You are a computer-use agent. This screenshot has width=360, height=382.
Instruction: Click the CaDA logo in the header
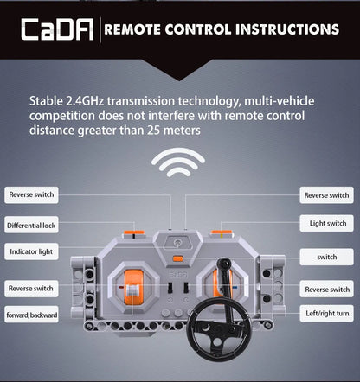(x=57, y=29)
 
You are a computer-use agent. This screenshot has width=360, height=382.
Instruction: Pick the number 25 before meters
(x=154, y=131)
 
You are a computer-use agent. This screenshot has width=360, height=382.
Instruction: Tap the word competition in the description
(x=62, y=116)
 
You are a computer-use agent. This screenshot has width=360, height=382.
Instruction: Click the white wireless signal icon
(x=178, y=162)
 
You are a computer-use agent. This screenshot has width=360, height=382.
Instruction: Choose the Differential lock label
(x=31, y=226)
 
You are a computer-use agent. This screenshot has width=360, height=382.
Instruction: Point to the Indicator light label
(x=31, y=251)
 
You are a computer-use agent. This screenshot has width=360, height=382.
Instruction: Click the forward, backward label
(x=31, y=315)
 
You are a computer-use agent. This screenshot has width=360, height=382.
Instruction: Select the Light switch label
(x=326, y=223)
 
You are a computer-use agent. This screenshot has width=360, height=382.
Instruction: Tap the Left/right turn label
(x=326, y=313)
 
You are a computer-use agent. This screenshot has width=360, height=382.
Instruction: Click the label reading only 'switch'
(x=326, y=257)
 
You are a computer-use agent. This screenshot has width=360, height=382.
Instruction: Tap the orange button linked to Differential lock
(x=134, y=232)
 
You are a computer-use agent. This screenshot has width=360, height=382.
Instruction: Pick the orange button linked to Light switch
(x=222, y=232)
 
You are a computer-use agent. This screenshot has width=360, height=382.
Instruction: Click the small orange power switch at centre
(x=178, y=258)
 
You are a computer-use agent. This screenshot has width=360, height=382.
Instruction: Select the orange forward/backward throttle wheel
(x=133, y=287)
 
